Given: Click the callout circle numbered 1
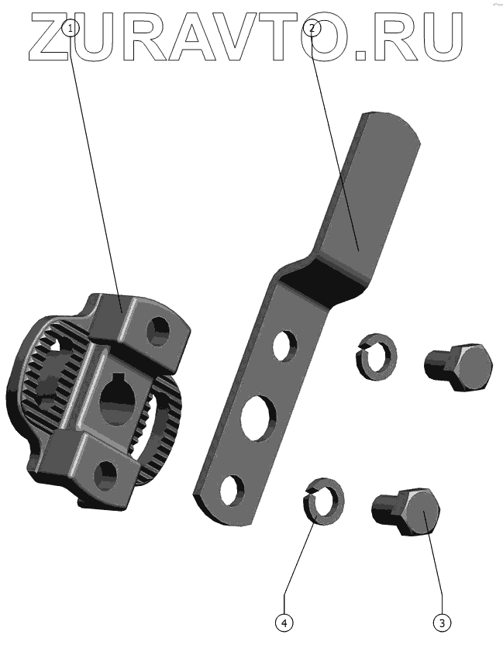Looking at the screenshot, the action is (71, 29).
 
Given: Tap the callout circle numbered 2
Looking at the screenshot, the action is (312, 28).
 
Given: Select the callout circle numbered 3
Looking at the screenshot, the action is (443, 622).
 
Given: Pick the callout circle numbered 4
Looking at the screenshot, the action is (284, 622).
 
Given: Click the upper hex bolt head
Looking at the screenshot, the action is (471, 367).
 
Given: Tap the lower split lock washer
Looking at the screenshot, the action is (323, 502).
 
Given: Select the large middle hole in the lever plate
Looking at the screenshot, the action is (258, 418).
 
